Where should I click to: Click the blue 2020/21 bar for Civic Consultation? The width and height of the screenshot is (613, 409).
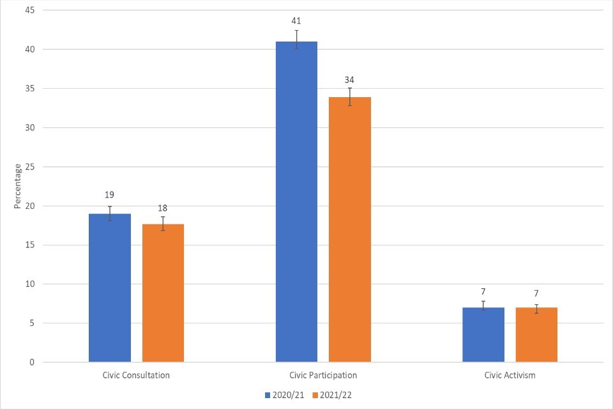pos(110,288)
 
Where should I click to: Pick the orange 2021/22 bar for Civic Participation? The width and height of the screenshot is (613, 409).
pos(349,229)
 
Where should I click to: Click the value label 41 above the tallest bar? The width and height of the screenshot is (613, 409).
pos(296,20)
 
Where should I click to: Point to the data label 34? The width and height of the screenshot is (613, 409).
pos(349,79)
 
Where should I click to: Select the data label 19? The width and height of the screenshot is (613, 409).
pos(110,195)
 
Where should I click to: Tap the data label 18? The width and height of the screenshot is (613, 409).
pos(163,208)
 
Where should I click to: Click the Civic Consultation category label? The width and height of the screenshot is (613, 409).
pos(136,375)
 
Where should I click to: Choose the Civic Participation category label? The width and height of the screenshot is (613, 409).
pos(322,375)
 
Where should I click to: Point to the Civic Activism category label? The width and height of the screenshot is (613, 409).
pos(510,375)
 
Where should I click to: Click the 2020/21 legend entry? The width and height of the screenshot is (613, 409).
pos(285,395)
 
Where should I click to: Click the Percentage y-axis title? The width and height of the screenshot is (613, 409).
pos(18,186)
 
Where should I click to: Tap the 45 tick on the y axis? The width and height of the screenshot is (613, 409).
pos(30,10)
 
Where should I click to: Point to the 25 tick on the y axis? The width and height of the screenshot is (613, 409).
pos(30,167)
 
